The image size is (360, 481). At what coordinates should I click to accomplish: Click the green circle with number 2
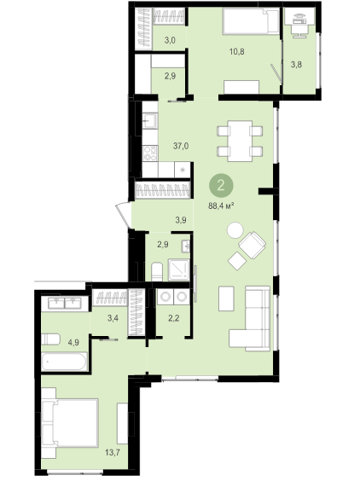pyautogui.click(x=221, y=186)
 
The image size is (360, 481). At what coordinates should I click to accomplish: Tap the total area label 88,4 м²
pyautogui.click(x=221, y=206)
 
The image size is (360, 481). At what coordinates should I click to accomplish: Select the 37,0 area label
pyautogui.click(x=181, y=147)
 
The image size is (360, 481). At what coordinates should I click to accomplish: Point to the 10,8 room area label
pyautogui.click(x=237, y=51)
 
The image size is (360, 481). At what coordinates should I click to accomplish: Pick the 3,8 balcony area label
pyautogui.click(x=296, y=65)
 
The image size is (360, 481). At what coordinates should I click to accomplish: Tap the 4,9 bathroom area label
pyautogui.click(x=73, y=342)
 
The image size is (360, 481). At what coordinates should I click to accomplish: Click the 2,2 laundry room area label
pyautogui.click(x=174, y=318)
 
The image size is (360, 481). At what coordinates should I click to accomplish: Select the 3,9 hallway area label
pyautogui.click(x=181, y=220)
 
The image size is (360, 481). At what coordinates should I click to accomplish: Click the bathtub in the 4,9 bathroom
pyautogui.click(x=65, y=362)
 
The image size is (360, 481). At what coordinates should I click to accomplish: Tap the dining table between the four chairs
pyautogui.click(x=240, y=141)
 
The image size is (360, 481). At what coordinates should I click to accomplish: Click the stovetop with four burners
pyautogui.click(x=150, y=153)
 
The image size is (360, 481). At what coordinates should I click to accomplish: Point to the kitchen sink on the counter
pyautogui.click(x=150, y=121)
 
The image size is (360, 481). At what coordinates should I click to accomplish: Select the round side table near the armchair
pyautogui.click(x=235, y=230)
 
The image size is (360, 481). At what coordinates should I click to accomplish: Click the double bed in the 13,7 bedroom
pyautogui.click(x=70, y=423)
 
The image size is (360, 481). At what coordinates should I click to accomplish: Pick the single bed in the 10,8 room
pyautogui.click(x=251, y=21)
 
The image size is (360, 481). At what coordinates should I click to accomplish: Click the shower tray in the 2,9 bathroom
pyautogui.click(x=178, y=270)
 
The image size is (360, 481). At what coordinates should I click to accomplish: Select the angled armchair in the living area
pyautogui.click(x=253, y=245)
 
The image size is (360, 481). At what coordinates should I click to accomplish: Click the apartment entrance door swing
pyautogui.click(x=123, y=215)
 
